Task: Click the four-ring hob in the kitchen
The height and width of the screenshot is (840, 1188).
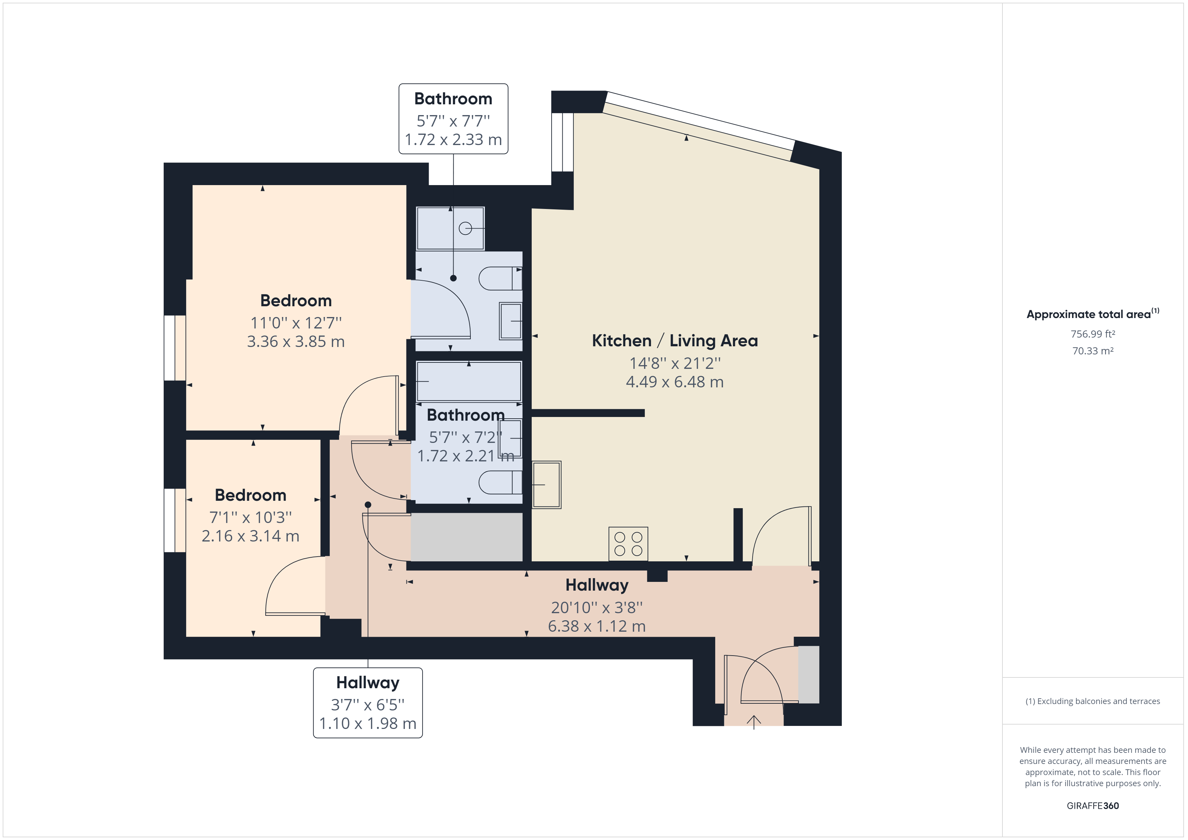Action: click(x=628, y=544)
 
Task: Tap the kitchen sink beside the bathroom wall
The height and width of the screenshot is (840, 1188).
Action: click(x=547, y=485)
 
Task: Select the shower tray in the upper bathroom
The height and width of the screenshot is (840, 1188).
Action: click(x=450, y=229)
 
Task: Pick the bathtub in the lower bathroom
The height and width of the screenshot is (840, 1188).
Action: click(x=469, y=382)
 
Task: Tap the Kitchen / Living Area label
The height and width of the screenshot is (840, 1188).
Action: click(x=675, y=341)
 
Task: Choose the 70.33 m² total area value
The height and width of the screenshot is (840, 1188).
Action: click(x=1093, y=351)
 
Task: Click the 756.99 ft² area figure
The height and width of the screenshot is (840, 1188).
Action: click(x=1093, y=334)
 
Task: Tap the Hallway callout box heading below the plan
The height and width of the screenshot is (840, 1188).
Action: click(x=368, y=683)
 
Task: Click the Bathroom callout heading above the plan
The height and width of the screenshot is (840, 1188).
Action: click(x=453, y=99)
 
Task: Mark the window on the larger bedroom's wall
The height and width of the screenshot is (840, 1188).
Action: click(x=175, y=348)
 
